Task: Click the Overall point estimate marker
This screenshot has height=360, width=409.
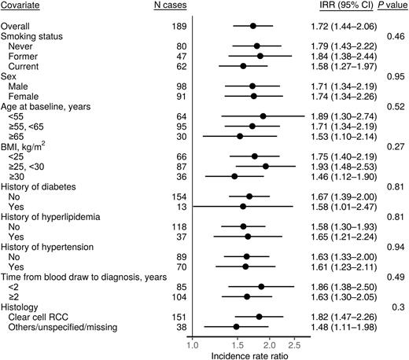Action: (x=253, y=26)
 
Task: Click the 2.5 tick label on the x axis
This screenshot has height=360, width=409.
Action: (x=295, y=343)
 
